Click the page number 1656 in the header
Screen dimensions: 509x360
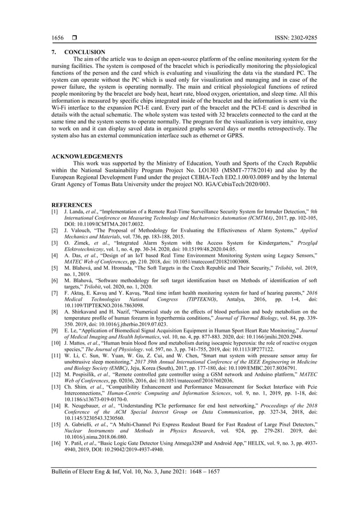[56, 37]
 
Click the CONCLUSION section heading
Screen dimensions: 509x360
[84, 52]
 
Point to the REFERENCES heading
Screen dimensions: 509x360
[72, 205]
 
